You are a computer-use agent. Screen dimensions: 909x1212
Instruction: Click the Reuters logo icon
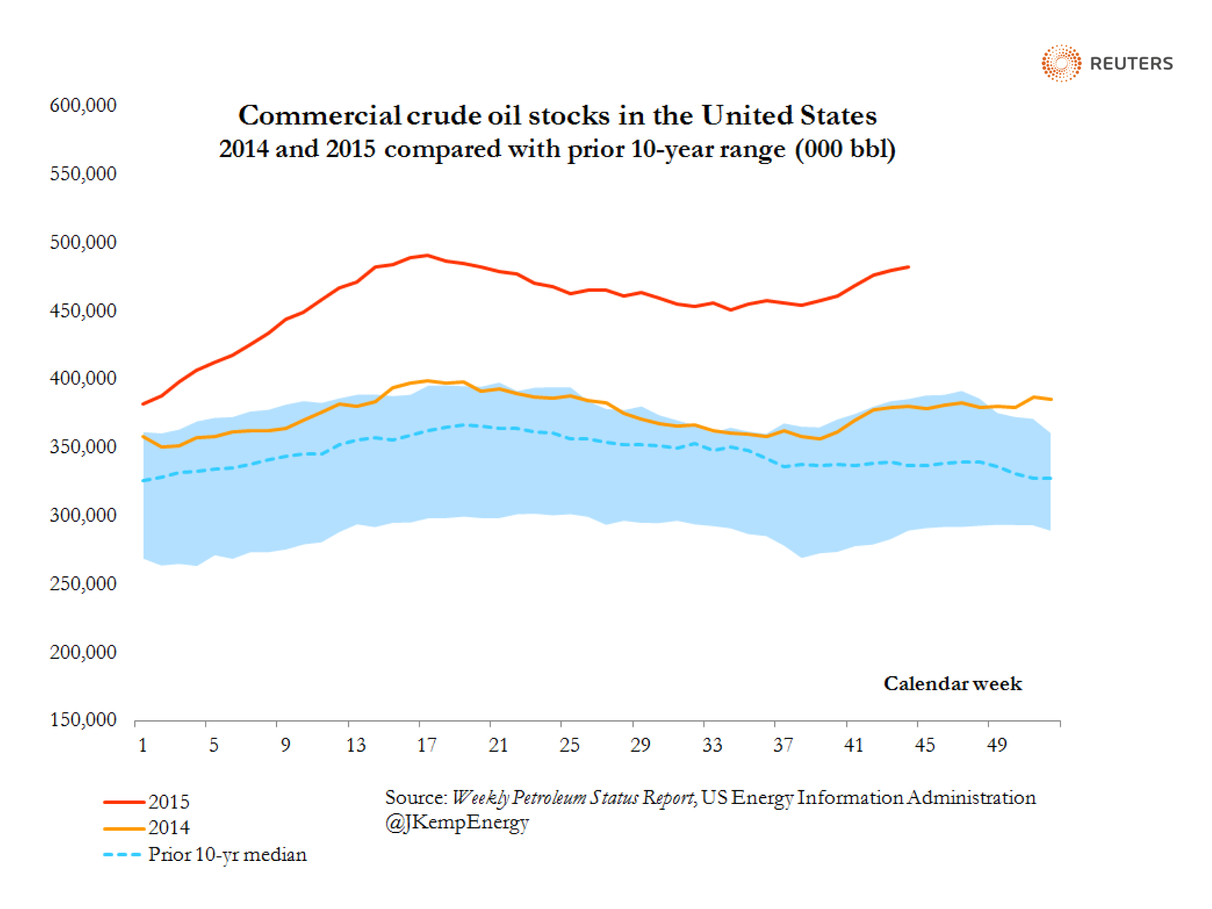click(x=1061, y=63)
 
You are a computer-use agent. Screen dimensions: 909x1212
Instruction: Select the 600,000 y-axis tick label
click(x=83, y=105)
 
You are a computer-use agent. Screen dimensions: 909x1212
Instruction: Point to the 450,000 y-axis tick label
click(x=83, y=311)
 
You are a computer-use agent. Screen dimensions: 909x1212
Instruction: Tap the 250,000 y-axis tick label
click(x=83, y=583)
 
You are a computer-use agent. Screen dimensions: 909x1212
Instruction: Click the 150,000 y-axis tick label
click(x=83, y=720)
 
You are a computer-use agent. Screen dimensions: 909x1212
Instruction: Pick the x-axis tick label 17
click(x=427, y=745)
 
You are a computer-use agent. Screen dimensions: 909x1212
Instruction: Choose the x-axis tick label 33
click(x=712, y=745)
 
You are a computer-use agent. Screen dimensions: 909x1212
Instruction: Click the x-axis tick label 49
click(x=997, y=745)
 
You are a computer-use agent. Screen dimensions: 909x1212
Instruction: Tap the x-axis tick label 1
click(x=143, y=745)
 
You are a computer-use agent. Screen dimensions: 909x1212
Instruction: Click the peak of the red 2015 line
click(x=427, y=255)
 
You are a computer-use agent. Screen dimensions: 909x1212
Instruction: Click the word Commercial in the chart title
click(x=320, y=116)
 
